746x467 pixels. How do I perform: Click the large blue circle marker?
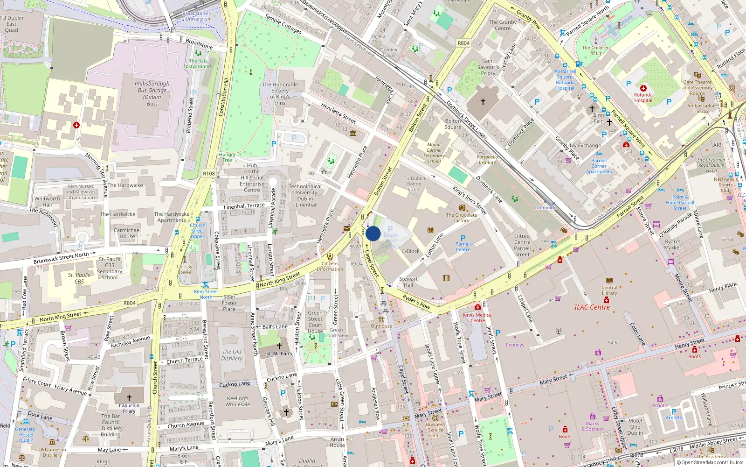(x=373, y=233)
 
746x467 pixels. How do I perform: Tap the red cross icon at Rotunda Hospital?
(x=643, y=88)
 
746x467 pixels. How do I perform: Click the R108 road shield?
(x=209, y=173)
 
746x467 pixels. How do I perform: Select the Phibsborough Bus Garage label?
(x=152, y=93)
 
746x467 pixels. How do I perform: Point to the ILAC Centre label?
(x=592, y=307)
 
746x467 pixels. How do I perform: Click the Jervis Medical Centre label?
(x=477, y=318)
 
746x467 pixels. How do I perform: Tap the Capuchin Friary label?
(x=129, y=408)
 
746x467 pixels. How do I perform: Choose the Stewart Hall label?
(x=408, y=282)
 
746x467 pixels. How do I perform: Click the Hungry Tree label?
(x=227, y=157)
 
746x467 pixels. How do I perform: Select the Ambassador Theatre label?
(x=701, y=108)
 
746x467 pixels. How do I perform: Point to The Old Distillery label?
(x=232, y=355)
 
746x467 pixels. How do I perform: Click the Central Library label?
(x=609, y=290)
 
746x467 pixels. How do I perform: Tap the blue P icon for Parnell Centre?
(x=463, y=238)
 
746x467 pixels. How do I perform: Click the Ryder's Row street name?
(x=416, y=302)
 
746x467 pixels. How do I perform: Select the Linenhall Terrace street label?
(x=244, y=206)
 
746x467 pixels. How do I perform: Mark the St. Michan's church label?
(x=279, y=354)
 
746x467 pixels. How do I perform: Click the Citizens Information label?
(x=330, y=266)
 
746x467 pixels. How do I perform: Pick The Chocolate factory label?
(x=462, y=218)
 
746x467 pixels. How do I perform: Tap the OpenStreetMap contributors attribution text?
(x=712, y=462)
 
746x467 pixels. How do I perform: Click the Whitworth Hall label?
(x=47, y=201)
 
